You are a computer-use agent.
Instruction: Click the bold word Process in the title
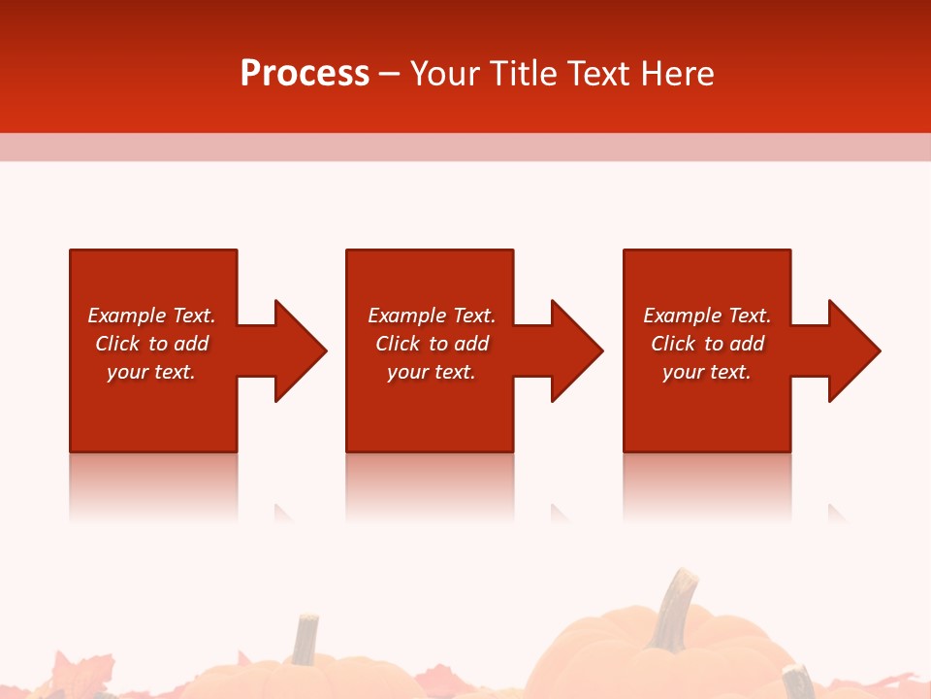tap(305, 74)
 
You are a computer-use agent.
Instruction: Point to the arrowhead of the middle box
tap(575, 350)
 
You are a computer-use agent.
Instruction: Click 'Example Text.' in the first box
tap(151, 316)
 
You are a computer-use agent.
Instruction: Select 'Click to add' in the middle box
tap(432, 344)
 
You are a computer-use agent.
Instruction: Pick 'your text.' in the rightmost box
tap(706, 372)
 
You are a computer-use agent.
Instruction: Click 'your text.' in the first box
tap(151, 372)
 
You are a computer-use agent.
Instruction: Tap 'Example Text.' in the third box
tap(706, 316)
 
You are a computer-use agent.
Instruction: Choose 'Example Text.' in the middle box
tap(432, 316)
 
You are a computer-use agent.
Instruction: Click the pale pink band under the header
tap(465, 147)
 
